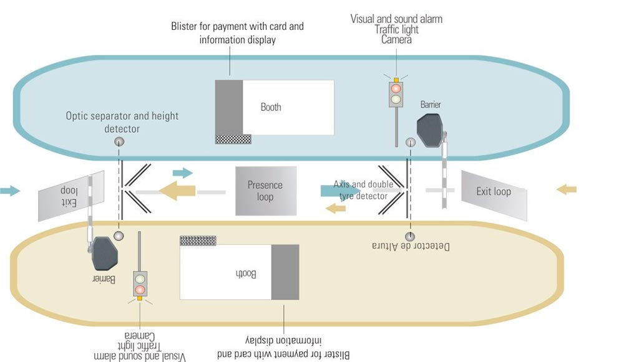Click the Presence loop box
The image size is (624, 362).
pyautogui.click(x=266, y=191)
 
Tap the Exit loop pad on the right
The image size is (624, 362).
pyautogui.click(x=494, y=196)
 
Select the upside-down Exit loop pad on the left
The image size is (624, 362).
pyautogui.click(x=71, y=196)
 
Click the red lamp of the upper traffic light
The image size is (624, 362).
pyautogui.click(x=396, y=88)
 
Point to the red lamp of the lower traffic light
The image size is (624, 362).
pyautogui.click(x=140, y=289)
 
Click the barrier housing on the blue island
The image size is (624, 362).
pyautogui.click(x=430, y=130)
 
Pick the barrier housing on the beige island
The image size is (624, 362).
pyautogui.click(x=105, y=254)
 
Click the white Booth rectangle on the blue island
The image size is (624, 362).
pyautogui.click(x=288, y=107)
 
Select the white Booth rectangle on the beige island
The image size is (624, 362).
pyautogui.click(x=226, y=272)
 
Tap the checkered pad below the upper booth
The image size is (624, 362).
pyautogui.click(x=233, y=139)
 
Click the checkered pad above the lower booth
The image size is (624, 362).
pyautogui.click(x=198, y=241)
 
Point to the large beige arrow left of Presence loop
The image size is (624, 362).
pyautogui.click(x=177, y=190)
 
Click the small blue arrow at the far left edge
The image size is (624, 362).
pyautogui.click(x=10, y=191)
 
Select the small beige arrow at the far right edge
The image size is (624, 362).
pyautogui.click(x=567, y=189)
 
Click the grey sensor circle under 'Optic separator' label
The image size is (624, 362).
pyautogui.click(x=119, y=141)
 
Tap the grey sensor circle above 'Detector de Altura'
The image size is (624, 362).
pyautogui.click(x=410, y=236)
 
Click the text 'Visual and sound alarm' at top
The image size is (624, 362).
pyautogui.click(x=396, y=19)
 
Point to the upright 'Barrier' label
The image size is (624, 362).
pyautogui.click(x=431, y=105)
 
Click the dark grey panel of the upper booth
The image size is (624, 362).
pyautogui.click(x=229, y=107)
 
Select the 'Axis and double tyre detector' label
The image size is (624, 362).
pyautogui.click(x=363, y=190)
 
